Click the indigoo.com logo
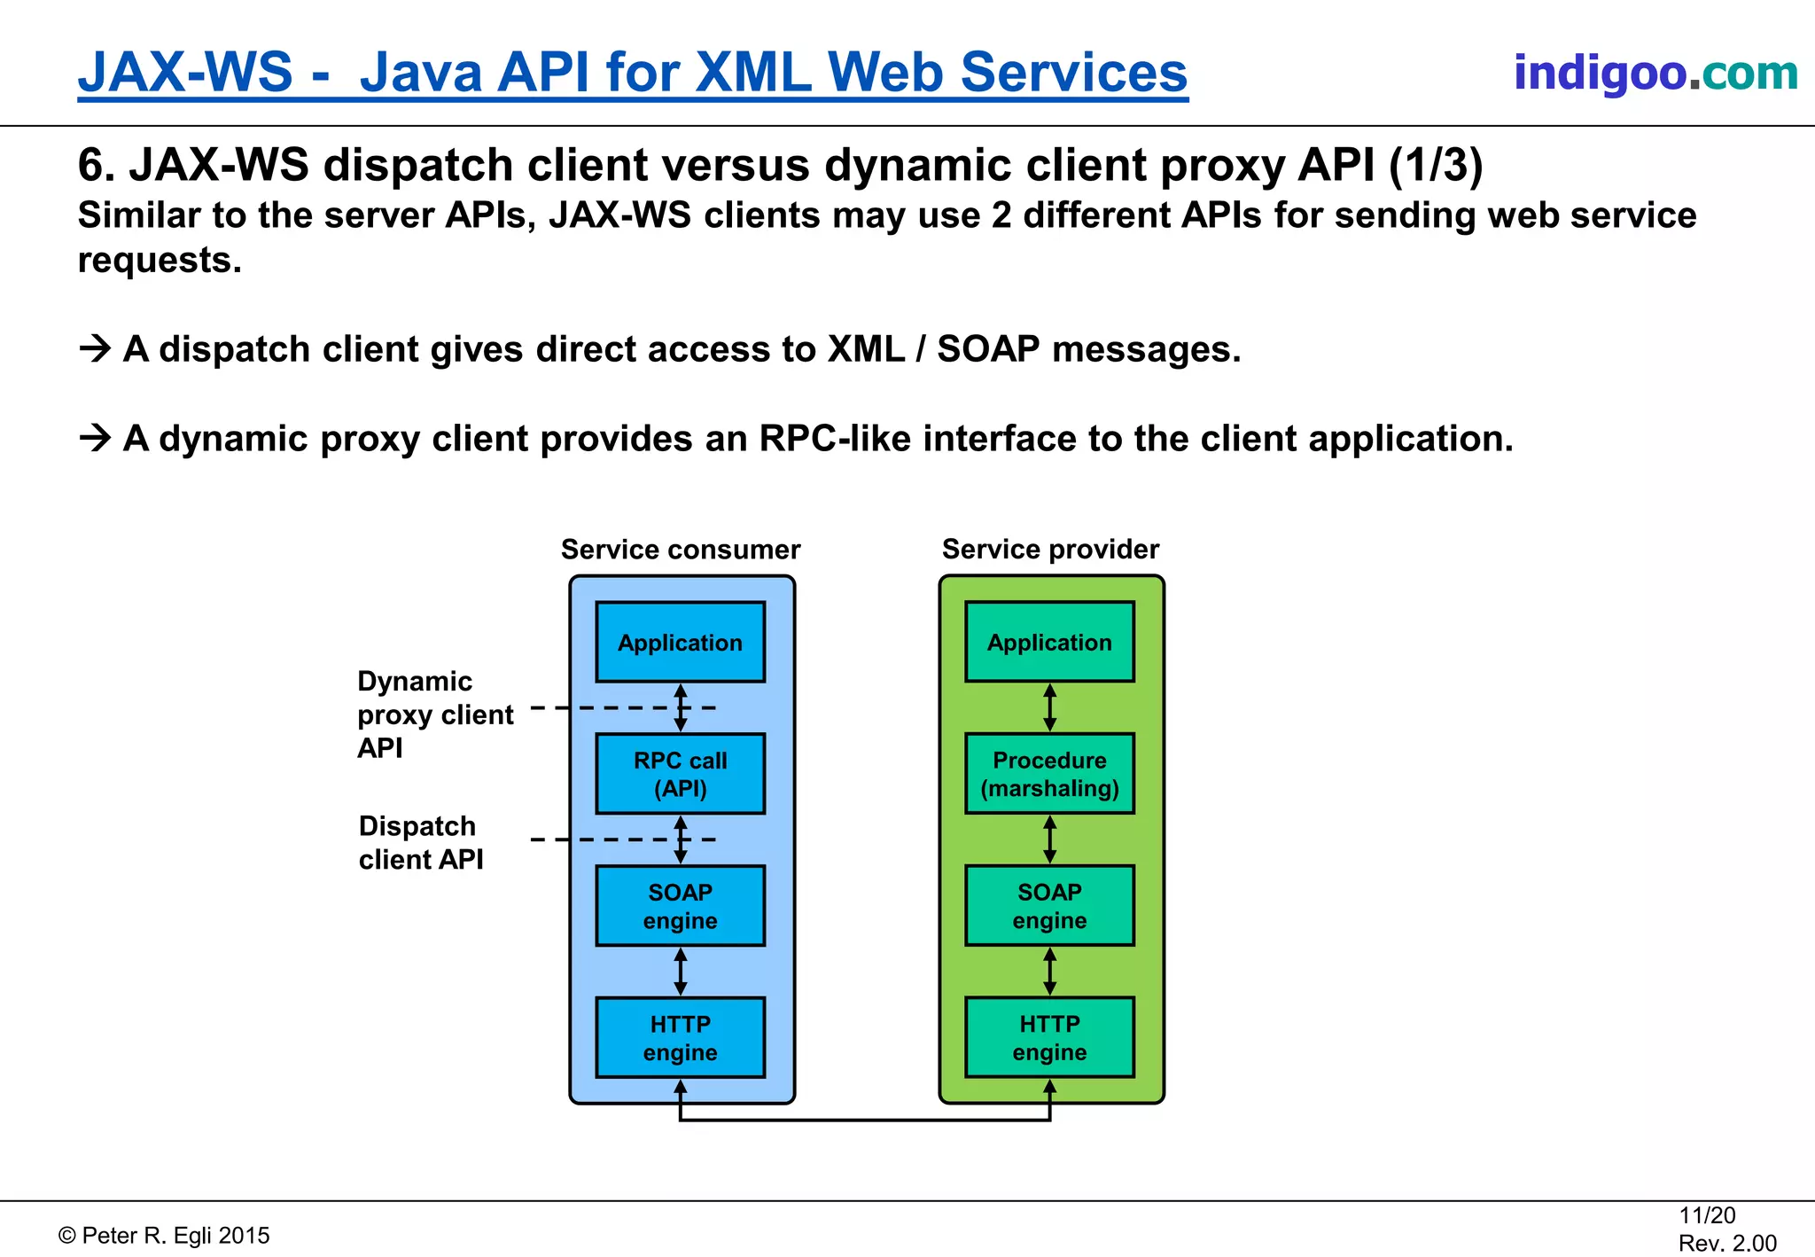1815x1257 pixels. coord(1655,73)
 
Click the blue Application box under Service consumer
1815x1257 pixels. coord(680,643)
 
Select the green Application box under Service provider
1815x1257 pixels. coord(1049,643)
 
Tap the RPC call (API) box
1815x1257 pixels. coord(680,774)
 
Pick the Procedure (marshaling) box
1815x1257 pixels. coord(1049,774)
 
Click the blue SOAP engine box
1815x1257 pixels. coord(680,906)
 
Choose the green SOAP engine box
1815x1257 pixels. coord(1049,906)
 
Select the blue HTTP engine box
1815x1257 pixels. coord(680,1038)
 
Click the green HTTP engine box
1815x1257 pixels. coord(1049,1038)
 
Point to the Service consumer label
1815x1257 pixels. coord(680,550)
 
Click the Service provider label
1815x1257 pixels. coord(1050,550)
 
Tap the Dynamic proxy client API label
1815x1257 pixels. coord(434,714)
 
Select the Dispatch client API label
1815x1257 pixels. coord(421,842)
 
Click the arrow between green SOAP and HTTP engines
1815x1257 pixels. coord(1049,972)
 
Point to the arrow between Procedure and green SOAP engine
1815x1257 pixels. coord(1049,839)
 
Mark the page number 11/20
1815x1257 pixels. coord(1707,1215)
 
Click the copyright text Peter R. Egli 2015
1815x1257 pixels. coord(165,1236)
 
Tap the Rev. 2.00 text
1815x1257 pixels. coord(1727,1243)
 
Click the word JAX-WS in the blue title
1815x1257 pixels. coord(185,73)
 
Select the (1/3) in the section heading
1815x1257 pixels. coord(1435,166)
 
